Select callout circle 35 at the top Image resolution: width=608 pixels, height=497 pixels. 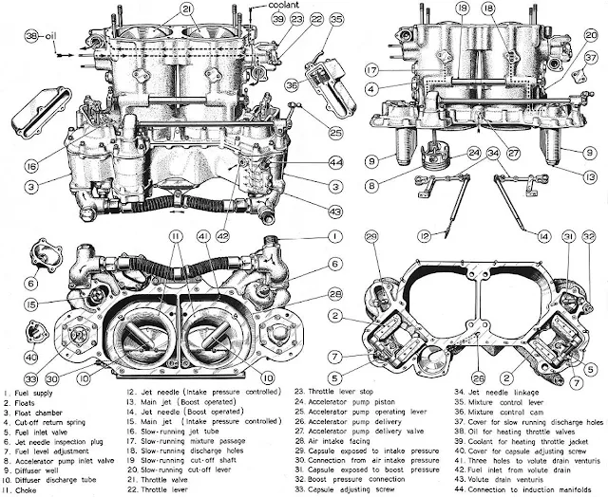(337, 19)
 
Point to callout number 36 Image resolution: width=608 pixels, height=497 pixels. (292, 84)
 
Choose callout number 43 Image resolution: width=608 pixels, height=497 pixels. (334, 210)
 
